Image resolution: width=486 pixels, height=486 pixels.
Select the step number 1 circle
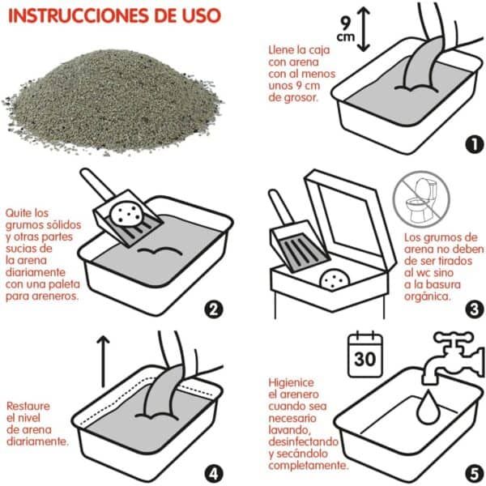point(473,144)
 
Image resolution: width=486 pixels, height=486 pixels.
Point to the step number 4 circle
point(215,471)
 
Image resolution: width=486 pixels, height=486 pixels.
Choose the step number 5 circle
point(473,471)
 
